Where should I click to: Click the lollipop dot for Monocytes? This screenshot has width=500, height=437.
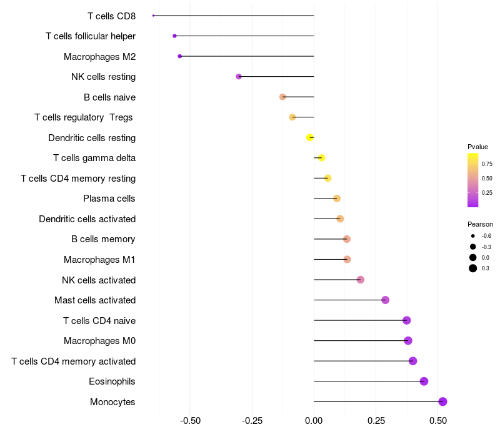(442, 401)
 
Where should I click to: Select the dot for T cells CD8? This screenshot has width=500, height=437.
(153, 16)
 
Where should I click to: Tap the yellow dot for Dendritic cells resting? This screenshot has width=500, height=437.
(309, 137)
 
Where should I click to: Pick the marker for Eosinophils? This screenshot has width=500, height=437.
(424, 381)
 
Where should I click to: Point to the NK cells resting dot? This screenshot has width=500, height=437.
(238, 77)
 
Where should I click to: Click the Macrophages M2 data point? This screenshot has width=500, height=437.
(180, 56)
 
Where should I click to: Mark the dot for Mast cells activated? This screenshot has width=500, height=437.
(385, 300)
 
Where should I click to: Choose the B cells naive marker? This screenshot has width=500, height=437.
(282, 97)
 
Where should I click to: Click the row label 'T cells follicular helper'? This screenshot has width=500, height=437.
(91, 36)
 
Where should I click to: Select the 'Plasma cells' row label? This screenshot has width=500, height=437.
(109, 199)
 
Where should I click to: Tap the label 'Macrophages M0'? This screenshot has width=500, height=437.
(100, 341)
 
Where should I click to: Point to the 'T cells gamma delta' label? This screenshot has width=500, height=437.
(94, 158)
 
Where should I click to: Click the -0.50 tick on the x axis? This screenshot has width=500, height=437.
(190, 421)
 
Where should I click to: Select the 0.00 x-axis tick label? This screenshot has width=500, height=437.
(314, 421)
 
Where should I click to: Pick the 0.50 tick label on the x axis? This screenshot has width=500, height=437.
(437, 421)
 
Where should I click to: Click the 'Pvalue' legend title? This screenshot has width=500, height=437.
(477, 147)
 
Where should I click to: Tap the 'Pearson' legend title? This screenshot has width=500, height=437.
(480, 224)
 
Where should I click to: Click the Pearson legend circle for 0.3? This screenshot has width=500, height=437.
(473, 268)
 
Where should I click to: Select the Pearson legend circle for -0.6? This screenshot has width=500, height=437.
(473, 236)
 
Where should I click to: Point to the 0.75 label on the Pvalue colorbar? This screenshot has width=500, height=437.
(487, 164)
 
